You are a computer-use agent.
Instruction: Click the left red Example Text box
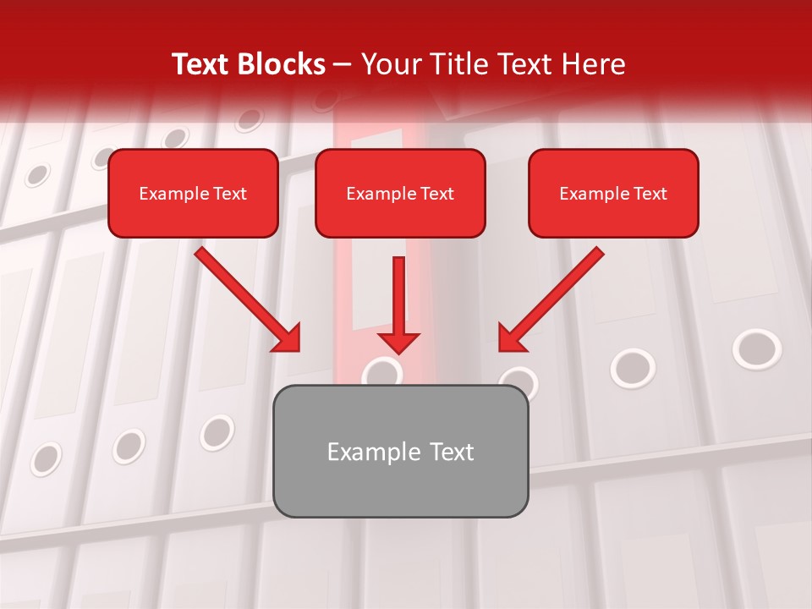pos(193,194)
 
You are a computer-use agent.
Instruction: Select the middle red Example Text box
pos(400,194)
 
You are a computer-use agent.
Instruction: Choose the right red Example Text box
pos(613,194)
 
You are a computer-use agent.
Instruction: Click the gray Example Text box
pos(400,452)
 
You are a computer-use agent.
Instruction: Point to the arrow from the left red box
pos(245,298)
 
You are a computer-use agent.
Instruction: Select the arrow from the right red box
pos(554,296)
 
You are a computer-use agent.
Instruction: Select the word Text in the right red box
pos(650,194)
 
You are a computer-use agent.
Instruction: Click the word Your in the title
pos(387,64)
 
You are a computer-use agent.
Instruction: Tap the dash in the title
pos(343,64)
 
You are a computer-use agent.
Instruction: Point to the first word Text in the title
pos(201,64)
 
